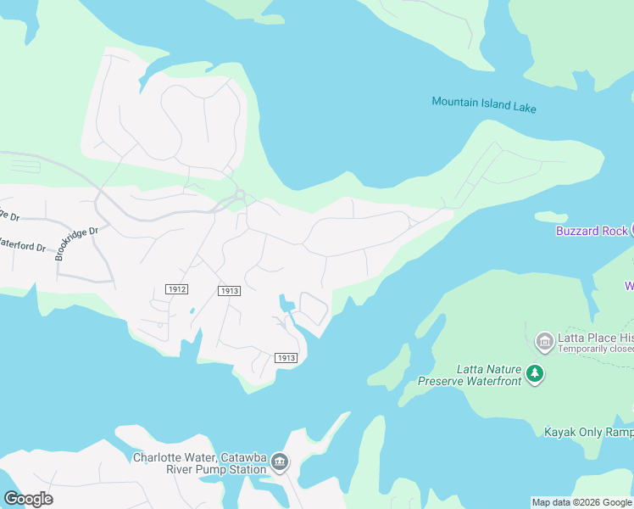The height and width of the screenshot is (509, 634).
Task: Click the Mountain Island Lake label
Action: click(484, 104)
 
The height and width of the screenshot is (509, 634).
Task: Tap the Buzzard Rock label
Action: click(592, 231)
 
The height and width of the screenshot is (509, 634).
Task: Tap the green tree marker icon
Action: click(534, 373)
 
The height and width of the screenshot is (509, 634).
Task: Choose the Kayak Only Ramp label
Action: click(588, 432)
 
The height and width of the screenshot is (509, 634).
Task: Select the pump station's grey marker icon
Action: click(280, 463)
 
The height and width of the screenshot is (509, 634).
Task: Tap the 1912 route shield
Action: click(177, 289)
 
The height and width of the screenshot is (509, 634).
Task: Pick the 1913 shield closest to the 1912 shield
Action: click(229, 291)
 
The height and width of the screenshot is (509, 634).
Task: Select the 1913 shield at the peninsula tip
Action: click(286, 358)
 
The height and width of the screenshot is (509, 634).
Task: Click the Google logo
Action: click(29, 499)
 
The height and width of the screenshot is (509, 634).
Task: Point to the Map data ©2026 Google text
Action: click(581, 502)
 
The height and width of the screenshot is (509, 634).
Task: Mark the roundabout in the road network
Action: click(240, 196)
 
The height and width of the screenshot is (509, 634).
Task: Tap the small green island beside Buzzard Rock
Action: click(551, 216)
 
